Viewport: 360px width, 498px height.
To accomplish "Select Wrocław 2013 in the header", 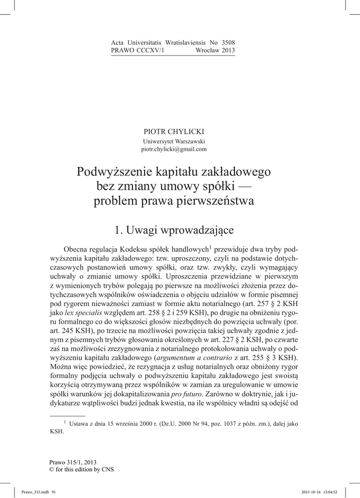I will coord(215,51).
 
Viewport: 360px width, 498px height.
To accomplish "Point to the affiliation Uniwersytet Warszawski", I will coord(174,142).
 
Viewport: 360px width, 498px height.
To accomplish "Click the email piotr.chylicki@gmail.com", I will coord(174,149).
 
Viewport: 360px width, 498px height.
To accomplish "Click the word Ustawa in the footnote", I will coord(79,424).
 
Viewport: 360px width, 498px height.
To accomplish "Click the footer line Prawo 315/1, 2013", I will coord(73,462).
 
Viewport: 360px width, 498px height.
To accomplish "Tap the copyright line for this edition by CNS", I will coord(81,469).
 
